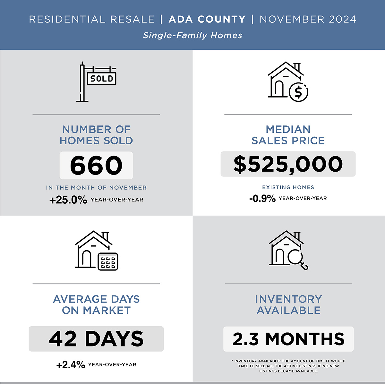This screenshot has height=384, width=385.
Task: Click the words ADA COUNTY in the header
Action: pos(207,19)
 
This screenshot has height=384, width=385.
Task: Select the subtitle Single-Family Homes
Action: pos(193,35)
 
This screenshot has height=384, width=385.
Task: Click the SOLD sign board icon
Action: pos(102,79)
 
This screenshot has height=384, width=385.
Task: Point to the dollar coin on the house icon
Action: pos(298,92)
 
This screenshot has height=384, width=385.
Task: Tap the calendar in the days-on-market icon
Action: pos(108,261)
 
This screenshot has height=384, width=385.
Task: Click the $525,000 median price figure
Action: pos(288,164)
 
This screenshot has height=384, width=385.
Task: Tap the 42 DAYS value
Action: pos(96,339)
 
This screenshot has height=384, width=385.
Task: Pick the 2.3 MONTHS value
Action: pos(288,339)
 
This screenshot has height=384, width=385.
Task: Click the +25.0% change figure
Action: pos(68,200)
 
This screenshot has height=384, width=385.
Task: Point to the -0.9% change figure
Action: pos(262,199)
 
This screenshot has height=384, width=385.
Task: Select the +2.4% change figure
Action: pos(71,365)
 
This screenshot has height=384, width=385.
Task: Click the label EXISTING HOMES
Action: pos(288,187)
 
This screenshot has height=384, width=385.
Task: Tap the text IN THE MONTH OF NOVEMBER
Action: pos(96,188)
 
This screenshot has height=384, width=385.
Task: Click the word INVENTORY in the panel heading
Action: pos(288,299)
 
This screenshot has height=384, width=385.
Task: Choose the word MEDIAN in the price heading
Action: pos(288,130)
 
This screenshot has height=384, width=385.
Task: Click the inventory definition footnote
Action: pos(288,366)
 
